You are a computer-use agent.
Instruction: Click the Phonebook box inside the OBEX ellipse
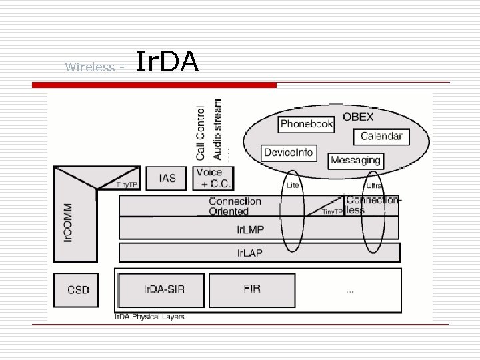306,124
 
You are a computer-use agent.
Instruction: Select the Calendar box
381,137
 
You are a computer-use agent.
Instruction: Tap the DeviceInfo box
288,153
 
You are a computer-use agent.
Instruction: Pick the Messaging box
355,161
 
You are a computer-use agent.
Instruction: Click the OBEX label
358,117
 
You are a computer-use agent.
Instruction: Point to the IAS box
167,178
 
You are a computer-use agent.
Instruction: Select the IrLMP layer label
250,230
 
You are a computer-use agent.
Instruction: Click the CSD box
78,290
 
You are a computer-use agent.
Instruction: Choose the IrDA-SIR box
161,289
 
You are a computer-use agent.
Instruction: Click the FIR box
252,289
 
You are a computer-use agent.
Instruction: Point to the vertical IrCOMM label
68,223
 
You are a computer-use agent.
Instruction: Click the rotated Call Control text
201,133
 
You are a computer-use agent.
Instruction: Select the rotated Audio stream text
217,129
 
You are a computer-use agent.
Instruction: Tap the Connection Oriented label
235,206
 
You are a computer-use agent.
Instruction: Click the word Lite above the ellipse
293,185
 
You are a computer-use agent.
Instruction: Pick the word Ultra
374,185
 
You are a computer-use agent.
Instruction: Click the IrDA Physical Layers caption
149,317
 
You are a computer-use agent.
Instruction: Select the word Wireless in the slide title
90,67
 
